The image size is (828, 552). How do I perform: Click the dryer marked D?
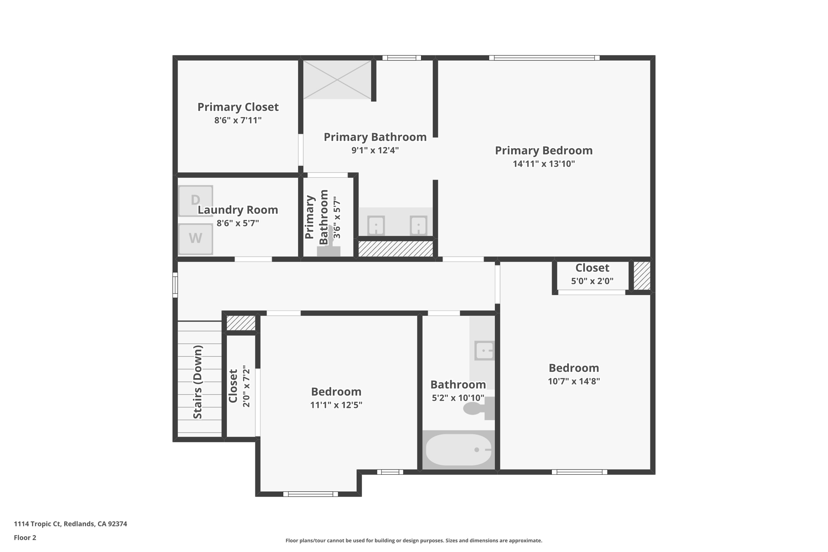tap(196, 201)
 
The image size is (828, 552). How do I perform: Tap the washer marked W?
tap(196, 239)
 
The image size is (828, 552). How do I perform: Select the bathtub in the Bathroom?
tap(458, 450)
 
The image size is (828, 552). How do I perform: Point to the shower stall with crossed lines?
tap(337, 80)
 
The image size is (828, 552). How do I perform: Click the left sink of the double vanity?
tap(376, 225)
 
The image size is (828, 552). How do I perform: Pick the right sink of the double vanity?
tap(418, 225)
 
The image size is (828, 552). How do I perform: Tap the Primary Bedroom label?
tap(543, 150)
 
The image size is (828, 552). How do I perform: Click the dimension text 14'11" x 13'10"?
tap(543, 164)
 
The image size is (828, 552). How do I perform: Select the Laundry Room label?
tap(238, 210)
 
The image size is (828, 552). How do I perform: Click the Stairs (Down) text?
tap(198, 382)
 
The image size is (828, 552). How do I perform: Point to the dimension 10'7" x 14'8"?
tap(573, 381)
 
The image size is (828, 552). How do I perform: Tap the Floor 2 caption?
tap(25, 537)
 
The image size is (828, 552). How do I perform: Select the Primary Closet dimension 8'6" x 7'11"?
tap(238, 120)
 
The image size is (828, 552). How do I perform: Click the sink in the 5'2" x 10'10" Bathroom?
tap(484, 350)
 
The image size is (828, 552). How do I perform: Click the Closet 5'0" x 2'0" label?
tap(592, 268)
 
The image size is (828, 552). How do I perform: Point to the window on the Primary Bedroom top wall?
tap(544, 58)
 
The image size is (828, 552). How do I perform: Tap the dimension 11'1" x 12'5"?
tap(336, 405)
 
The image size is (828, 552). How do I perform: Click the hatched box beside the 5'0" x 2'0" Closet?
tap(642, 276)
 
